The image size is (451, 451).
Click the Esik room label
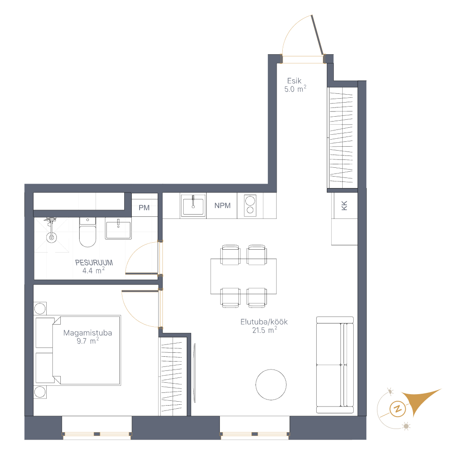pos(294,81)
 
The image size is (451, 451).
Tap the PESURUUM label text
pos(94,262)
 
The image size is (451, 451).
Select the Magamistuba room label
pos(88,333)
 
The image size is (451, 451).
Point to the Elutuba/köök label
pos(264,322)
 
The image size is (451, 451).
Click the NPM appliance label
pos(222,206)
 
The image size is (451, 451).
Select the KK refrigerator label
pos(344,205)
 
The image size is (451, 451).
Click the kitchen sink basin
pos(193,206)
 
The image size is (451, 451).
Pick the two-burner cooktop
pos(250,205)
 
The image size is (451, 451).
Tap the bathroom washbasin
pos(118,229)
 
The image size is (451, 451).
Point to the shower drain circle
pos(52,237)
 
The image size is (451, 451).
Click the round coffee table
pos(271,385)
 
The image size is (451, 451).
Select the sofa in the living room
pos(335,365)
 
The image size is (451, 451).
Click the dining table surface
pos(243,276)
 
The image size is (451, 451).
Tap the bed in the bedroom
pos(78,350)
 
